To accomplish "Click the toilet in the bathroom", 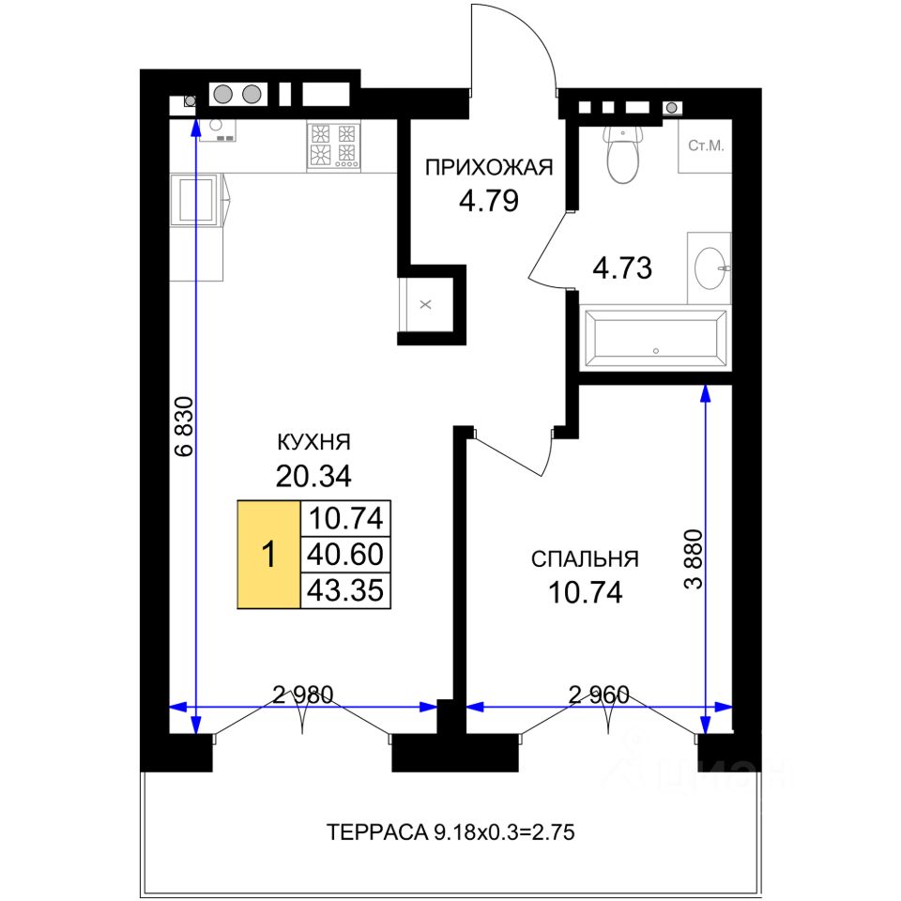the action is pos(622,154).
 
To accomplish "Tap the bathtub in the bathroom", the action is pos(655,339).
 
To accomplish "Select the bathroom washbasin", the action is pos(711,267).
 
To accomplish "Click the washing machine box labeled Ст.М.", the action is pos(705,146).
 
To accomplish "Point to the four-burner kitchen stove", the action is pos(333,146).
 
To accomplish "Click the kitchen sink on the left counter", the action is pos(196,200).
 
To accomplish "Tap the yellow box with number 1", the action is pos(269,555).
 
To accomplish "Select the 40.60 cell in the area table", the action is pos(345,555).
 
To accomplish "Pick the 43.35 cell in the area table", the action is pos(345,590).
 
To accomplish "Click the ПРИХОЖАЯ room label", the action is pos(489,168).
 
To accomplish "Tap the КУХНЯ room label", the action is pos(313,442).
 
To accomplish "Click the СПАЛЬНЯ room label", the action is pos(585,559).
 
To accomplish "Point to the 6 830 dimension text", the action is pos(185,426).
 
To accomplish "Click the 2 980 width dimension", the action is pos(303,695).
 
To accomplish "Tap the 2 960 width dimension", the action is pos(599,695).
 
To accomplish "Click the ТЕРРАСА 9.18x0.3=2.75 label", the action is pos(450,832).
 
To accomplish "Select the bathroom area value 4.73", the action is pos(622,267).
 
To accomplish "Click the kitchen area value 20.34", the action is pos(313,476).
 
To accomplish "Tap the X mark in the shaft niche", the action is pos(425,304).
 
